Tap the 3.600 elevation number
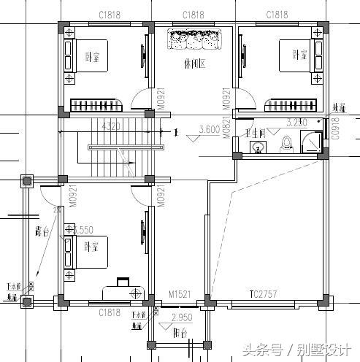tap(210, 131)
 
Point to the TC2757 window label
tap(263, 293)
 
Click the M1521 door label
tap(180, 293)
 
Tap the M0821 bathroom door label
tap(226, 128)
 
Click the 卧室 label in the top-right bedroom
tap(298, 55)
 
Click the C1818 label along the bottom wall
tap(110, 312)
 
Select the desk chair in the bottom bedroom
tap(122, 280)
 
